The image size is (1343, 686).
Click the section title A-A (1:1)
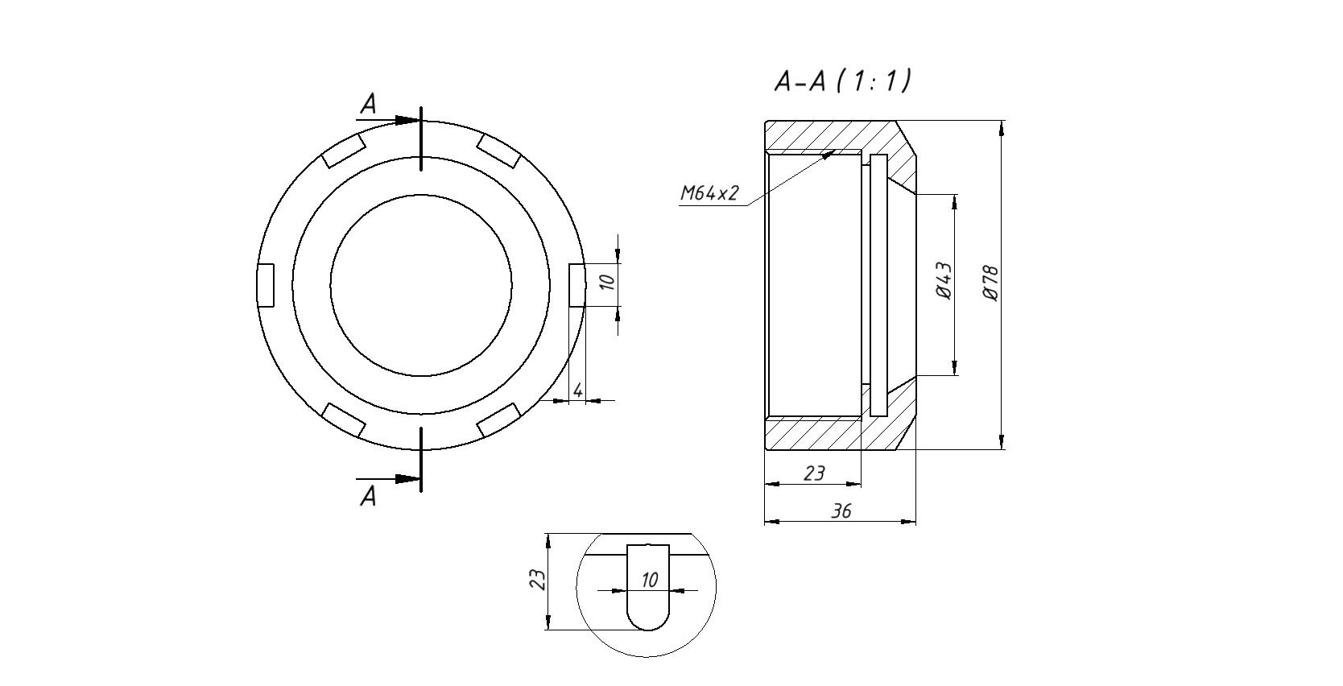point(842,81)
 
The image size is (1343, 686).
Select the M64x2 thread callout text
point(709,193)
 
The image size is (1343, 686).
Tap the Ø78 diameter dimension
point(991,283)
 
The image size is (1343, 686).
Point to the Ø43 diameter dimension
point(943,281)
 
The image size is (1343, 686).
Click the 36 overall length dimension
point(841,511)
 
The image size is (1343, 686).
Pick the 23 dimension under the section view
point(813,473)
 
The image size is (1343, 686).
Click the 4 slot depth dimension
point(577,391)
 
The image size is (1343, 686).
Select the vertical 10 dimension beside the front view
point(607,282)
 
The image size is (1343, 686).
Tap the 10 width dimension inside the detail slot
point(649,580)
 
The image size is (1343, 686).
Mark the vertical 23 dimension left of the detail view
point(539,580)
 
